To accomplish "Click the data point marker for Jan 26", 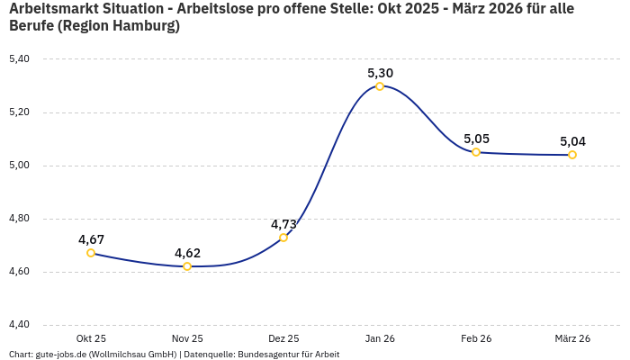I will (x=380, y=86).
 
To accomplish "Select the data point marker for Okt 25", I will (x=91, y=253).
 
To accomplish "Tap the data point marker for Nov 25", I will (x=187, y=266).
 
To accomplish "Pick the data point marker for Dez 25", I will (x=283, y=238).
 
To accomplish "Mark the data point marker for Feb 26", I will (x=476, y=152).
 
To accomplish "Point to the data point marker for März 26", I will (x=572, y=155).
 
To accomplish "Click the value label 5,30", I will (x=380, y=73).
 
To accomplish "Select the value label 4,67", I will (x=91, y=239).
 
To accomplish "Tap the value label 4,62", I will (x=187, y=253).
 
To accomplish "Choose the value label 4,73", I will (x=283, y=224).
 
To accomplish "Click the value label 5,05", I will (x=476, y=139).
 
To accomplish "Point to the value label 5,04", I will (x=572, y=141).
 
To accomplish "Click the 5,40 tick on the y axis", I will (x=19, y=59).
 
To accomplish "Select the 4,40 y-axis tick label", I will (x=19, y=325).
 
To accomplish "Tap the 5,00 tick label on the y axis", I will (x=19, y=166).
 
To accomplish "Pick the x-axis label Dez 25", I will (x=283, y=338).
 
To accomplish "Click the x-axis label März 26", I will (x=572, y=338).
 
